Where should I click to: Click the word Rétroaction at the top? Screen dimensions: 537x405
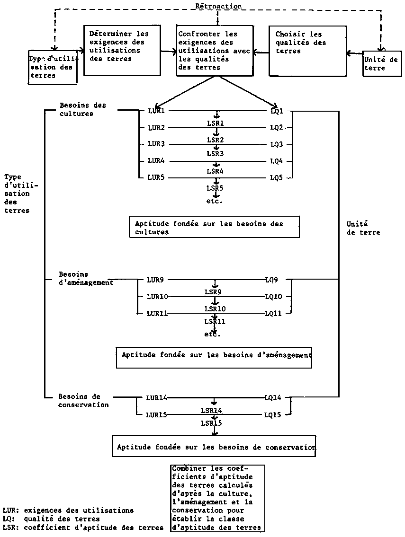coord(218,6)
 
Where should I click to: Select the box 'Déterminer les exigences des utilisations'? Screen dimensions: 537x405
coord(122,50)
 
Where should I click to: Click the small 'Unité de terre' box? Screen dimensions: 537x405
coord(381,64)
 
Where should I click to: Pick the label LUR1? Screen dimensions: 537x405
coord(156,111)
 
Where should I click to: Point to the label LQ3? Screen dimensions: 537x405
coord(277,144)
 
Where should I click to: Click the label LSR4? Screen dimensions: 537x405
coord(215,170)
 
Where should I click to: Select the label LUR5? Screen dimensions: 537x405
coord(156,178)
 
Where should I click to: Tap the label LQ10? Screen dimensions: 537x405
coord(273,297)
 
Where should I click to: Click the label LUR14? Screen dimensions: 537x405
coord(156,397)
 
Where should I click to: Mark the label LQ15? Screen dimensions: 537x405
coord(272,415)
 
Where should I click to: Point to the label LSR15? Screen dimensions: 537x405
coord(211,423)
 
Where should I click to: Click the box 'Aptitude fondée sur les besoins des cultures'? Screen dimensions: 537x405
coord(214,227)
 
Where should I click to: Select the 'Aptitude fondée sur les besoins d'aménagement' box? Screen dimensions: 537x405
coord(214,358)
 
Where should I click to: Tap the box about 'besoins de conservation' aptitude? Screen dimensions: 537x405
coord(214,446)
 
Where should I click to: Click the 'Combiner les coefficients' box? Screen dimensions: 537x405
coord(217,498)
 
